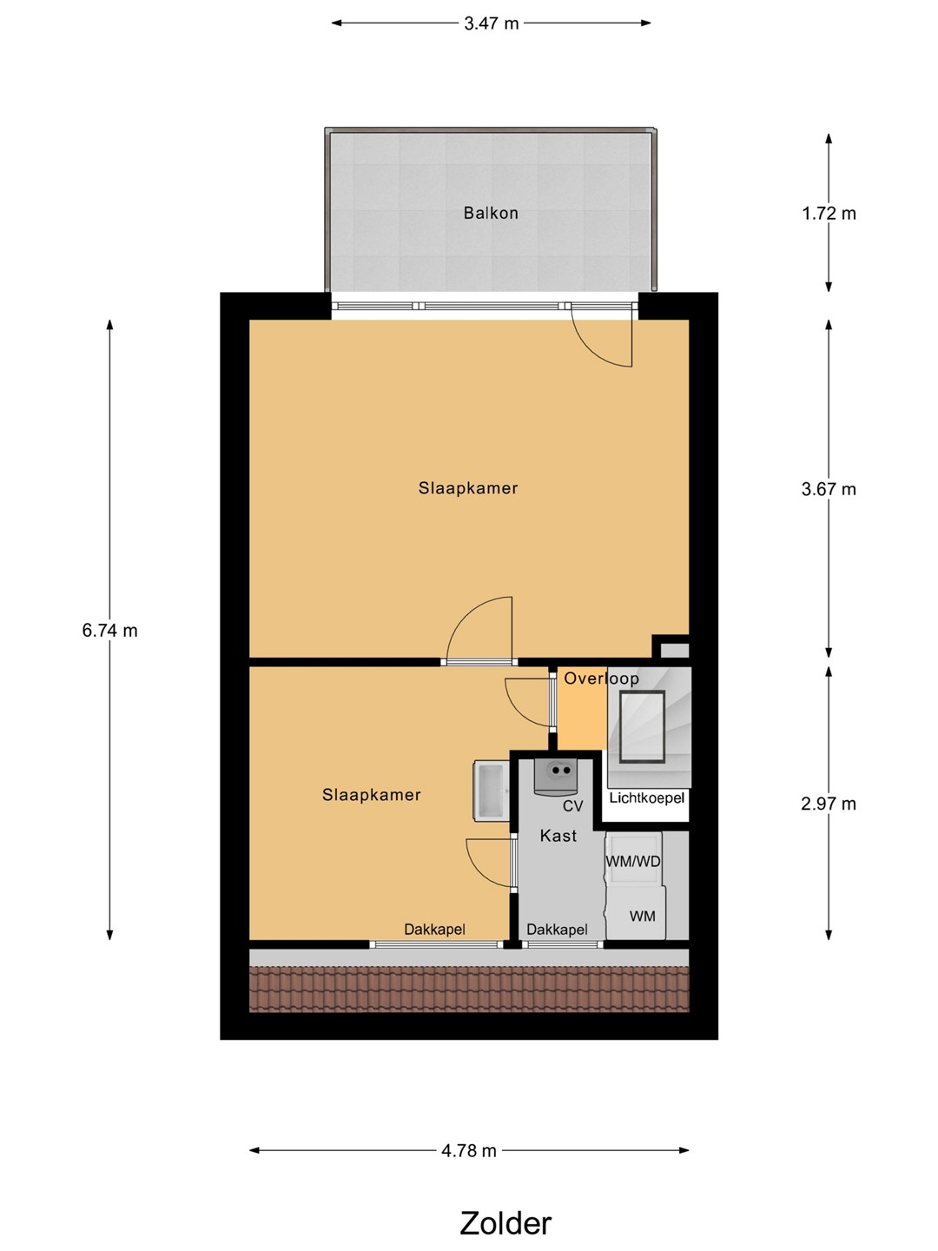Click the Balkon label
491,213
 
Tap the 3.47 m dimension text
491,23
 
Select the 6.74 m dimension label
110,631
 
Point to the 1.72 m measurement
829,213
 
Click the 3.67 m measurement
829,489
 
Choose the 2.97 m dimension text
829,804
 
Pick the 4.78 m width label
469,1151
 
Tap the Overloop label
601,678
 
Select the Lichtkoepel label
646,798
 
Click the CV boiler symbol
556,777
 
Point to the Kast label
558,836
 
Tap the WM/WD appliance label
633,861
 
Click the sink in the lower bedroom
491,791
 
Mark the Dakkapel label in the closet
557,930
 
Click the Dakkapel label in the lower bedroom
434,930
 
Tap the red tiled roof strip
469,990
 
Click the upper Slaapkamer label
468,488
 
